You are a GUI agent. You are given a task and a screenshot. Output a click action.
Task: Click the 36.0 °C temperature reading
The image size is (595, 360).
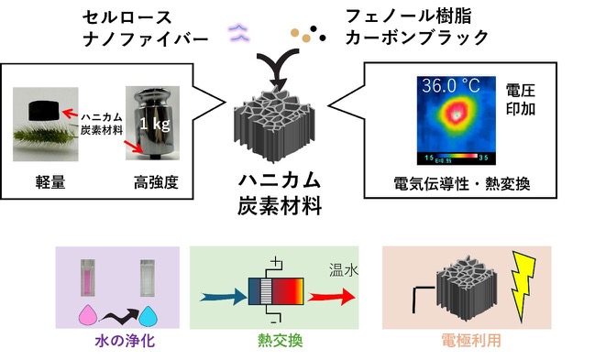coord(451,86)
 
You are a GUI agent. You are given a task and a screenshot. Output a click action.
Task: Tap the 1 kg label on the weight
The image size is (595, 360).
coord(154,123)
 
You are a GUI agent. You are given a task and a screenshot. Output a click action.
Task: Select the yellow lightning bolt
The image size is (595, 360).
coord(523,285)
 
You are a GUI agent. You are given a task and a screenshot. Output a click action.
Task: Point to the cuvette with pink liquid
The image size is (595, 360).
coord(88,278)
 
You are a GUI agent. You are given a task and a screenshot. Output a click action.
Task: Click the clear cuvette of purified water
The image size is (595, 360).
coord(148,278)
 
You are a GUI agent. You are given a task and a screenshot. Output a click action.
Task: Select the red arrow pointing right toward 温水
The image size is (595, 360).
coord(332,296)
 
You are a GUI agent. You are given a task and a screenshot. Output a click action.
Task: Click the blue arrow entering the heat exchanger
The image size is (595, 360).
coord(223,297)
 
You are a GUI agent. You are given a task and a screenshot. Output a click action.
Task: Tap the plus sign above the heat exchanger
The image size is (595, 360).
coord(276,262)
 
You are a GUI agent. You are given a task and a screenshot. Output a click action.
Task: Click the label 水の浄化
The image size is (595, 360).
coord(125,340)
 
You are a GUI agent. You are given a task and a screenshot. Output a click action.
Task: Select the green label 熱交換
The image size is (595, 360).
coord(280,340)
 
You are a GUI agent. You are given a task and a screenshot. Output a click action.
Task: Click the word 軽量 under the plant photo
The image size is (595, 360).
coord(50,182)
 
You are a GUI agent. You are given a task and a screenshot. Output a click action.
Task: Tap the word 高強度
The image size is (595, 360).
coord(156,182)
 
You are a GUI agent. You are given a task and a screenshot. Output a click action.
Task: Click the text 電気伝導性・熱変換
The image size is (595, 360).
coord(462,184)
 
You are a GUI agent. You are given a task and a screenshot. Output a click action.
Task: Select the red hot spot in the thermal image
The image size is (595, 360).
coord(457,114)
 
